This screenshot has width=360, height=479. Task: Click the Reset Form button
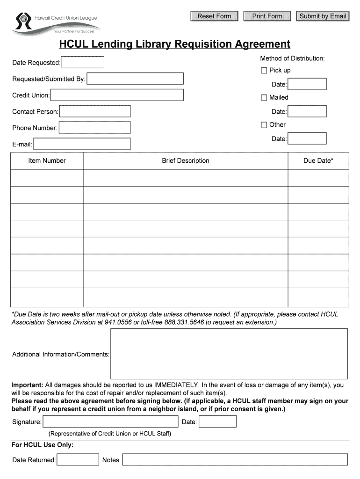click(214, 16)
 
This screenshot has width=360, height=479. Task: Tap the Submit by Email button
click(323, 16)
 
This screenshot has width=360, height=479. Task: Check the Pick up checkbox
click(264, 70)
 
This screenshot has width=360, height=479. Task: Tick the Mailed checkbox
click(264, 98)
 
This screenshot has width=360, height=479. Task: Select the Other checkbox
click(264, 125)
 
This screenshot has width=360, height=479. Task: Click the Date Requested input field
click(83, 62)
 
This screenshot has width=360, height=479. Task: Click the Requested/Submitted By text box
click(135, 79)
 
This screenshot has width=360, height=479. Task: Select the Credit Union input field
click(117, 95)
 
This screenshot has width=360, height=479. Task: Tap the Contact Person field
click(95, 111)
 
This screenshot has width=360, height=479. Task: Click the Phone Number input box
click(94, 128)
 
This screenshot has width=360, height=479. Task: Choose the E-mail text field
click(82, 144)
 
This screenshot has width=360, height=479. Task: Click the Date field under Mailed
click(307, 111)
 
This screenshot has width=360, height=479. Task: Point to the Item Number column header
click(47, 160)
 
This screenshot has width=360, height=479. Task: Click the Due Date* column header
click(318, 160)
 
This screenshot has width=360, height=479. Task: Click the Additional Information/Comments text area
click(229, 354)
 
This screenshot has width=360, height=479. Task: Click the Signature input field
click(110, 422)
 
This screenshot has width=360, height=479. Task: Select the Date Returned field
click(78, 460)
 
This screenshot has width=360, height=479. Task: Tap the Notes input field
click(235, 460)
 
